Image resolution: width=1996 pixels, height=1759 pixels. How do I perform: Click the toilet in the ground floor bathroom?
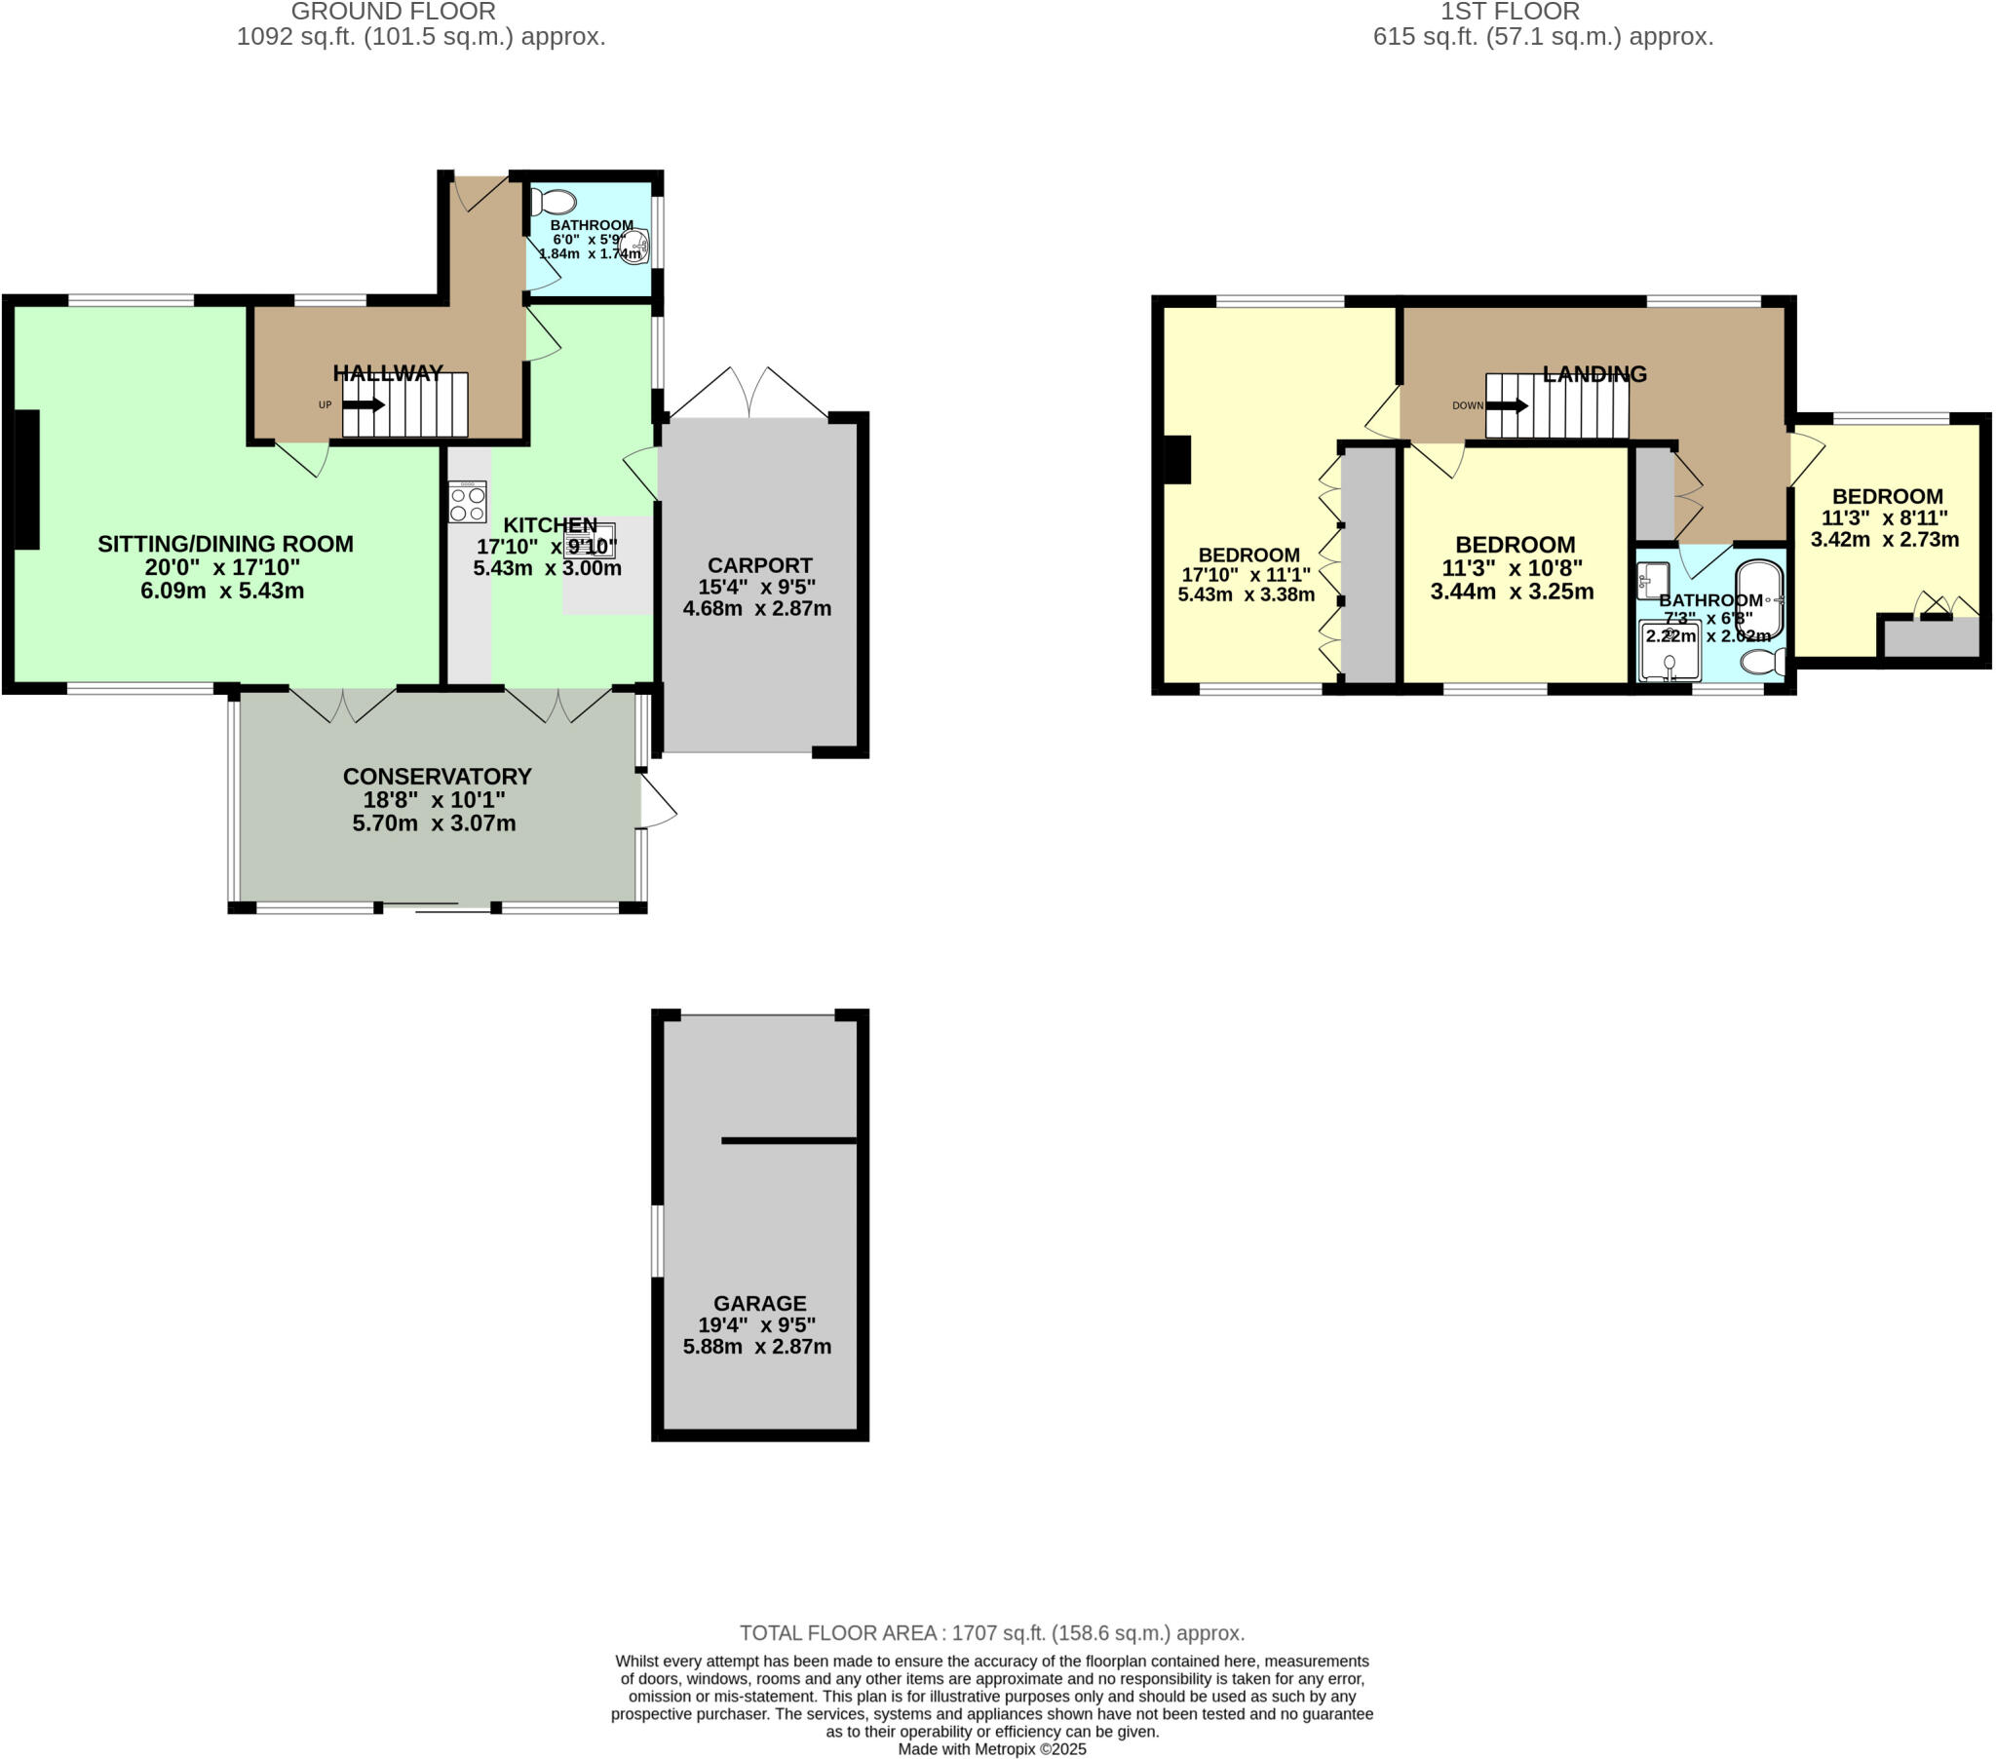pyautogui.click(x=554, y=201)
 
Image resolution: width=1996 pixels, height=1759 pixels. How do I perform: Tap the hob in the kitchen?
pyautogui.click(x=467, y=501)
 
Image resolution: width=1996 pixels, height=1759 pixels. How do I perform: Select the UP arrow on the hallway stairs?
pyautogui.click(x=364, y=404)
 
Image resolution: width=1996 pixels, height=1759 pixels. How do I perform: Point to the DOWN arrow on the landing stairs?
pyautogui.click(x=1507, y=405)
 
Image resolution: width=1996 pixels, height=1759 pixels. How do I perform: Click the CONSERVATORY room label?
pyautogui.click(x=437, y=777)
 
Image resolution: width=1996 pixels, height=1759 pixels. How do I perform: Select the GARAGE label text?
pyautogui.click(x=759, y=1303)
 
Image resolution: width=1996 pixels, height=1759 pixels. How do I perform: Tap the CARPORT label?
pyautogui.click(x=759, y=565)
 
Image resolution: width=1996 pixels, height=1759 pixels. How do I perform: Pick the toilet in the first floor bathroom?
pyautogui.click(x=1763, y=663)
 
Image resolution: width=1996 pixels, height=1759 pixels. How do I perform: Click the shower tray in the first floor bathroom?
pyautogui.click(x=1670, y=650)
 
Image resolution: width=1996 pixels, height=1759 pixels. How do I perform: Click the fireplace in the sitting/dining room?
pyautogui.click(x=26, y=479)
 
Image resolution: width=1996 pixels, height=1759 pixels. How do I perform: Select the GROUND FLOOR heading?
pyautogui.click(x=393, y=12)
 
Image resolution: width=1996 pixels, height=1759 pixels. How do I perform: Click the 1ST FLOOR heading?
pyautogui.click(x=1510, y=12)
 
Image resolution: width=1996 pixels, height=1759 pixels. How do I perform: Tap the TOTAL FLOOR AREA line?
pyautogui.click(x=991, y=1632)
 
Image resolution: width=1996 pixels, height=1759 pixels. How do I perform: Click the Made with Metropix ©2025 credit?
pyautogui.click(x=991, y=1748)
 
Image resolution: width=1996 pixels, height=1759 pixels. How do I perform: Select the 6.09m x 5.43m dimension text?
pyautogui.click(x=221, y=591)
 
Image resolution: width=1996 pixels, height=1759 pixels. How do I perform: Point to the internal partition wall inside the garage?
pyautogui.click(x=788, y=1140)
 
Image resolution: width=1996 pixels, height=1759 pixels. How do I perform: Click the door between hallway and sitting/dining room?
pyautogui.click(x=302, y=458)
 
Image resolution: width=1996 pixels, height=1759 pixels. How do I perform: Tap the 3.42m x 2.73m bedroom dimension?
pyautogui.click(x=1884, y=540)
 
